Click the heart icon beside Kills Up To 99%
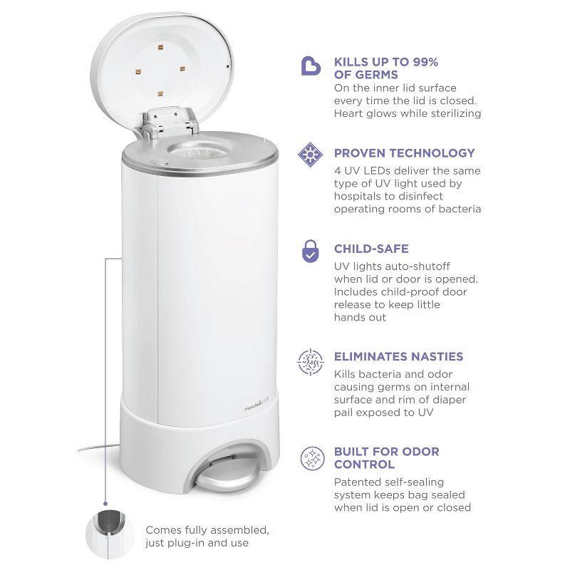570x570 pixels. pyautogui.click(x=311, y=66)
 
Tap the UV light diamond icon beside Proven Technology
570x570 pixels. pyautogui.click(x=310, y=155)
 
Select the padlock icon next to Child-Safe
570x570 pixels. pyautogui.click(x=310, y=251)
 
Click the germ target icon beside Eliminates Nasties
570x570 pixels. pyautogui.click(x=310, y=362)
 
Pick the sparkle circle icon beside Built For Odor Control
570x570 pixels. pyautogui.click(x=312, y=458)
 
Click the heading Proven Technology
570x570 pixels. pyautogui.click(x=404, y=153)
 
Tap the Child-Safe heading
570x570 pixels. pyautogui.click(x=371, y=249)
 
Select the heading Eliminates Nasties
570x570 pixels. pyautogui.click(x=398, y=356)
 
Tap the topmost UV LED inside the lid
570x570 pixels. pyautogui.click(x=160, y=47)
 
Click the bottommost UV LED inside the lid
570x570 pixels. pyautogui.click(x=160, y=94)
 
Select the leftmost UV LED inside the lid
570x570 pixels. pyautogui.click(x=138, y=72)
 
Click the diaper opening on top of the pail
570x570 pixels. pyautogui.click(x=199, y=150)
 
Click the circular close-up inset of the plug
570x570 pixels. pyautogui.click(x=110, y=534)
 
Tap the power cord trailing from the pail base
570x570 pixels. pyautogui.click(x=99, y=448)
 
